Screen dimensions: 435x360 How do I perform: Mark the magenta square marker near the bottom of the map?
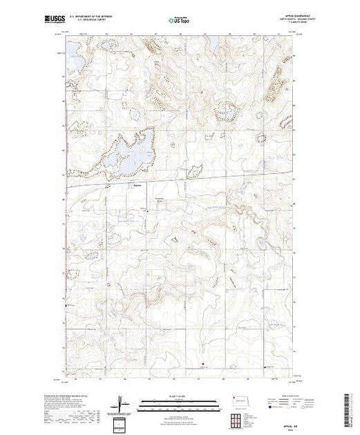tap(203, 365)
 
